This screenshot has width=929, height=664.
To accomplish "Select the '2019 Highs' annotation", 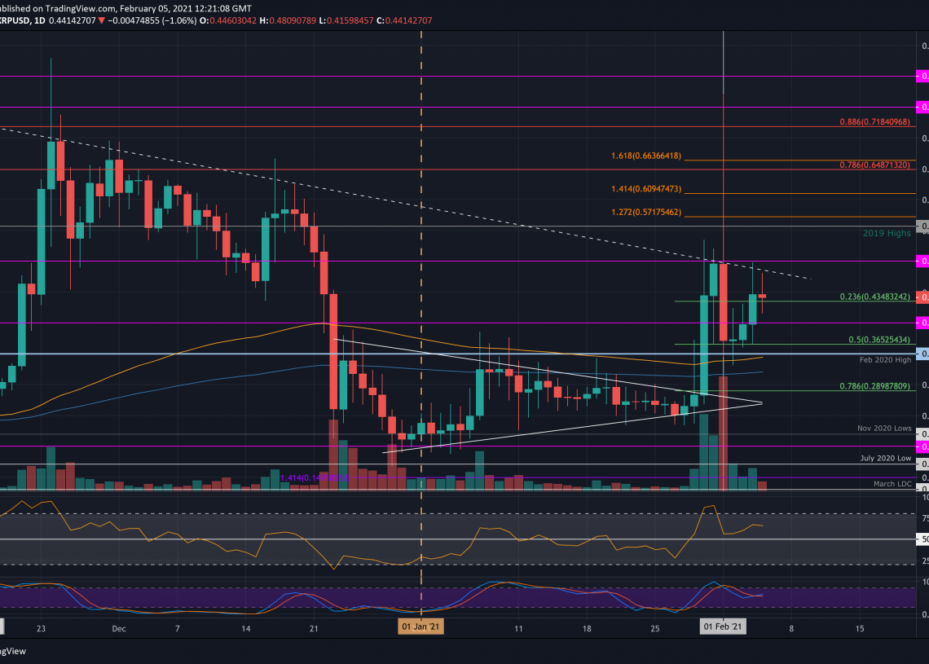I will (x=887, y=233).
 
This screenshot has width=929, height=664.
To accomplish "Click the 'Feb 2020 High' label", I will (x=885, y=359).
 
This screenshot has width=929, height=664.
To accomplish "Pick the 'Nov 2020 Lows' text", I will (x=884, y=428).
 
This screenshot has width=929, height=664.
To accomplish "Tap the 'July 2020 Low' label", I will (x=886, y=458).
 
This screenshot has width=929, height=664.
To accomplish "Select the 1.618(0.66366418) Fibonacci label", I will (x=646, y=156).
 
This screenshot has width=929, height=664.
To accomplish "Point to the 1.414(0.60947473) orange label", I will (x=646, y=189).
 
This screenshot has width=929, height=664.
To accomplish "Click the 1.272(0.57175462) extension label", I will (x=646, y=213).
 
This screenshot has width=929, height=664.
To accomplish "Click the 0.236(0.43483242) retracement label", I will (x=874, y=297).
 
